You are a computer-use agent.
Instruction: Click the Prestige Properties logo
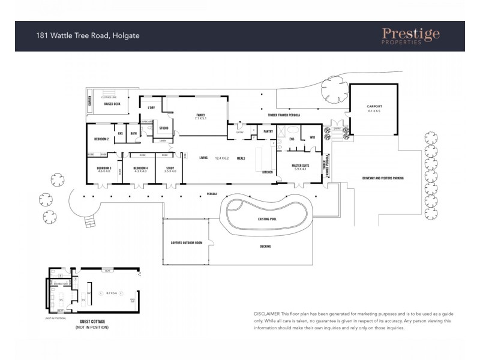(x=410, y=36)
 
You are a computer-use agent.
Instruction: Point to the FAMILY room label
(x=200, y=115)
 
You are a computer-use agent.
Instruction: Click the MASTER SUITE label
(x=299, y=166)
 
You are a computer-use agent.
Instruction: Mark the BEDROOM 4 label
(x=140, y=168)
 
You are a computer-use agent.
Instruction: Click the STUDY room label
(x=170, y=168)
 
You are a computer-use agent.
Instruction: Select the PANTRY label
(x=268, y=131)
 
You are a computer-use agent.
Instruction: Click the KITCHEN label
(x=267, y=172)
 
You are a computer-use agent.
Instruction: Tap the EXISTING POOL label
(x=267, y=219)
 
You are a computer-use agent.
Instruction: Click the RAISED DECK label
(x=112, y=104)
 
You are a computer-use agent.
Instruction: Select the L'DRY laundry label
(x=151, y=108)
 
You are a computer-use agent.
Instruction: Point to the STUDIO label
(x=164, y=128)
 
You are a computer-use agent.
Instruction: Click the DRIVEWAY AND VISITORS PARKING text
(x=383, y=178)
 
